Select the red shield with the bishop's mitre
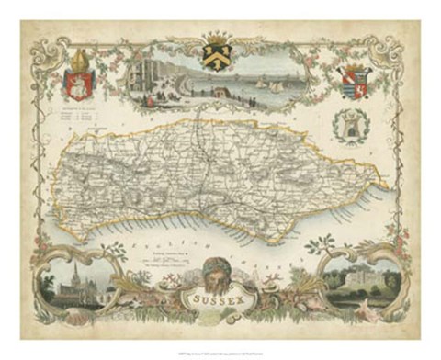(78, 85)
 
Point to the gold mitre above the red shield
(77, 65)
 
